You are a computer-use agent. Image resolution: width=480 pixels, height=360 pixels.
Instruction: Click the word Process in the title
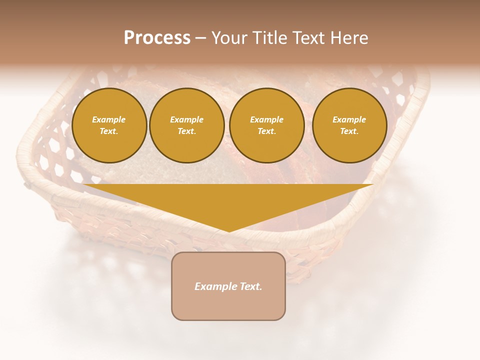pyautogui.click(x=157, y=38)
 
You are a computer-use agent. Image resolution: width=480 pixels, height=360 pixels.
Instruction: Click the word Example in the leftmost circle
pyautogui.click(x=109, y=119)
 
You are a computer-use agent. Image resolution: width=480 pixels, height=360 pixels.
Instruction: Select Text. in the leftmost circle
pyautogui.click(x=109, y=131)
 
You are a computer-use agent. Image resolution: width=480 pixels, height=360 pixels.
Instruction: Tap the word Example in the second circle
pyautogui.click(x=186, y=119)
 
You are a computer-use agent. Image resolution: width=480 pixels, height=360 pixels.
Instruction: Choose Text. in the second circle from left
pyautogui.click(x=186, y=131)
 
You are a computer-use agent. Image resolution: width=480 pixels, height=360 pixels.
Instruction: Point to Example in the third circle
pyautogui.click(x=266, y=119)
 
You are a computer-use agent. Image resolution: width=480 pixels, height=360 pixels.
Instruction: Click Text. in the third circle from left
pyautogui.click(x=266, y=131)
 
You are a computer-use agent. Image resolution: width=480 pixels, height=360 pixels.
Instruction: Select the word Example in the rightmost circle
pyautogui.click(x=349, y=119)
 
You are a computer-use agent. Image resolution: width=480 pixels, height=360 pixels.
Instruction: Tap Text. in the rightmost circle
pyautogui.click(x=349, y=131)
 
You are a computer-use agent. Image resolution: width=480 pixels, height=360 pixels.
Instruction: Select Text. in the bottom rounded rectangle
pyautogui.click(x=251, y=286)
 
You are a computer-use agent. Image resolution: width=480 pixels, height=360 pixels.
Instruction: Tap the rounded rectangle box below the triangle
pyautogui.click(x=228, y=305)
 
